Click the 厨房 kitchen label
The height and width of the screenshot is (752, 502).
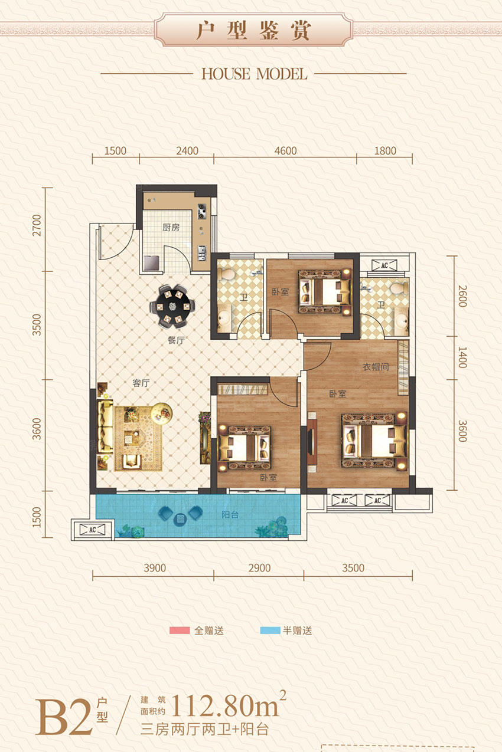(171, 228)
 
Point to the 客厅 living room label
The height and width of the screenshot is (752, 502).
(141, 383)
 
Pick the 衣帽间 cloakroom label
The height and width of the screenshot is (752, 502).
(376, 366)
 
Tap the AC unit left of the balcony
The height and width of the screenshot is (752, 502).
(92, 529)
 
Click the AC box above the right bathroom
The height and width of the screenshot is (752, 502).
(384, 265)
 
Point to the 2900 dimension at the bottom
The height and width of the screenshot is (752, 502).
(259, 568)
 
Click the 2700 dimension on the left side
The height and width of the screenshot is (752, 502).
(37, 226)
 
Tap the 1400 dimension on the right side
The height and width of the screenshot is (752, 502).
(462, 357)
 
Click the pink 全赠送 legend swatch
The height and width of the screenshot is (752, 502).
(179, 631)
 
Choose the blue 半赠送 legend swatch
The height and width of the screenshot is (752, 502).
(269, 631)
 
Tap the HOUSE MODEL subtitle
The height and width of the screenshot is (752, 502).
(254, 74)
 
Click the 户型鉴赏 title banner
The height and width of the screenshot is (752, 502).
(253, 31)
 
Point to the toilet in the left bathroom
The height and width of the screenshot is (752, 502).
(226, 274)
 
